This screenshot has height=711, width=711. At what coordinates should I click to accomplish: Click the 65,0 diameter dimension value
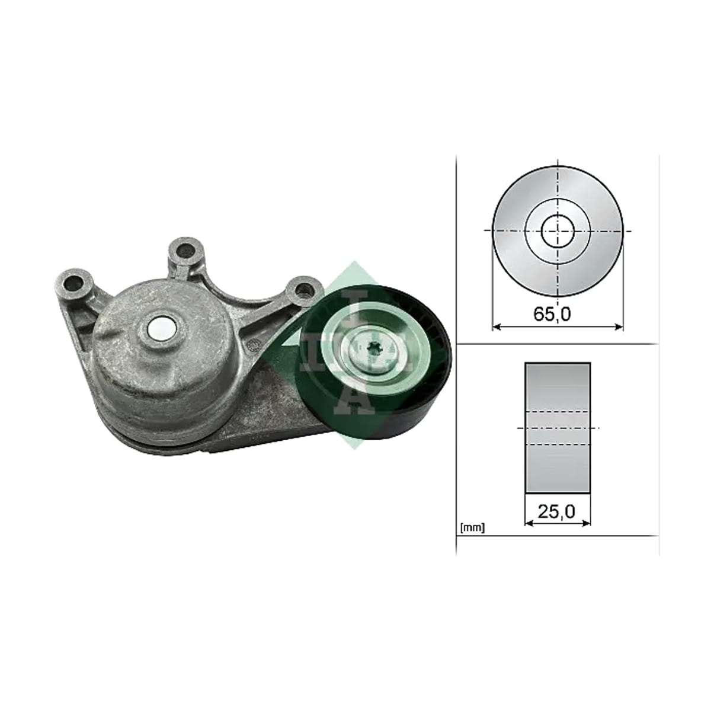pos(552,314)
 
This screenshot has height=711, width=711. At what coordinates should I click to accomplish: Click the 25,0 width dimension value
pos(556,512)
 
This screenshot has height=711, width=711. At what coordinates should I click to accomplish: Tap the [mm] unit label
pos(473,528)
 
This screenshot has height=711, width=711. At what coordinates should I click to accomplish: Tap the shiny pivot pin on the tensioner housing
pos(161,329)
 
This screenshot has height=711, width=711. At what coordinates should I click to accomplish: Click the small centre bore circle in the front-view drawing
pos(558,230)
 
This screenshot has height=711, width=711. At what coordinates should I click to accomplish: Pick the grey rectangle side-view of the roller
pos(558,427)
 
